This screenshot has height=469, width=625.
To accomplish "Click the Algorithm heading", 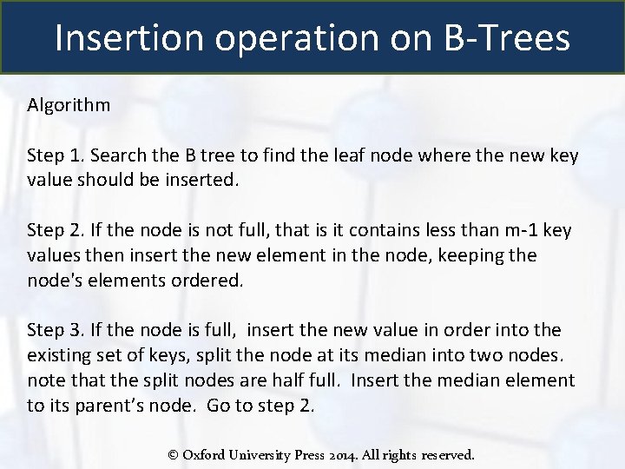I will (x=69, y=105).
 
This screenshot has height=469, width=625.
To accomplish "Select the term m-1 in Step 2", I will (x=518, y=230).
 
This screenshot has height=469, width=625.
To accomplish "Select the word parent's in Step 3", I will (x=89, y=405).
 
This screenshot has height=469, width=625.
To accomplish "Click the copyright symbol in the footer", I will (x=173, y=453).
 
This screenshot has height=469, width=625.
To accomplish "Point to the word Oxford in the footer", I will (x=205, y=453).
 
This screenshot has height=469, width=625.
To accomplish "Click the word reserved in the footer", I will (x=446, y=453).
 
